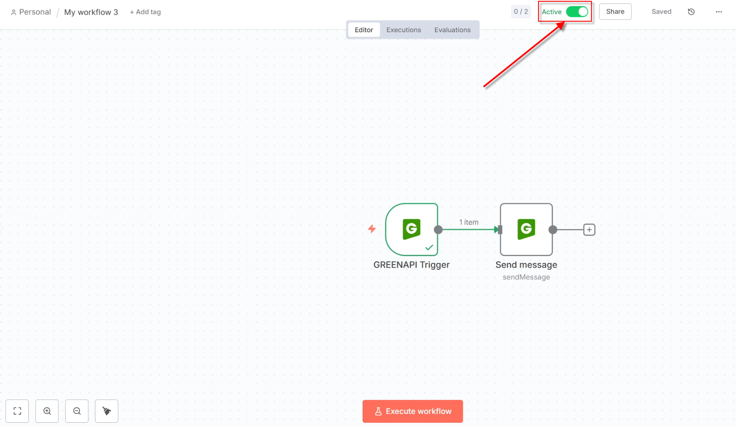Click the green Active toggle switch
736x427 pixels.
pyautogui.click(x=577, y=12)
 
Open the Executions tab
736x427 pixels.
pyautogui.click(x=404, y=30)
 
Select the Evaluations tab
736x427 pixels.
pyautogui.click(x=452, y=30)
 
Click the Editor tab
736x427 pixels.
pyautogui.click(x=364, y=30)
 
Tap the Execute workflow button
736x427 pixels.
pyautogui.click(x=413, y=411)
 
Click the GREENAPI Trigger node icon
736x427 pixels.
pyautogui.click(x=411, y=229)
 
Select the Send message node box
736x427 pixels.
pyautogui.click(x=526, y=229)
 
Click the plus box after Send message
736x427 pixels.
pyautogui.click(x=589, y=230)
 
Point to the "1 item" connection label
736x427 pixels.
pyautogui.click(x=468, y=222)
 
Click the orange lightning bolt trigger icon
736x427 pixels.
pyautogui.click(x=372, y=229)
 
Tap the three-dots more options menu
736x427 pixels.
pyautogui.click(x=719, y=12)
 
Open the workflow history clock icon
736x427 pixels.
pyautogui.click(x=691, y=12)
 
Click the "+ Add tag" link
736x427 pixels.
pyautogui.click(x=145, y=12)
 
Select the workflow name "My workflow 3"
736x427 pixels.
pyautogui.click(x=91, y=12)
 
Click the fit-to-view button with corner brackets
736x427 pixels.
pyautogui.click(x=17, y=411)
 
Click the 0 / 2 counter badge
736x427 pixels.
pyautogui.click(x=521, y=12)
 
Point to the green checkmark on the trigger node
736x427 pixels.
pyautogui.click(x=429, y=248)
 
